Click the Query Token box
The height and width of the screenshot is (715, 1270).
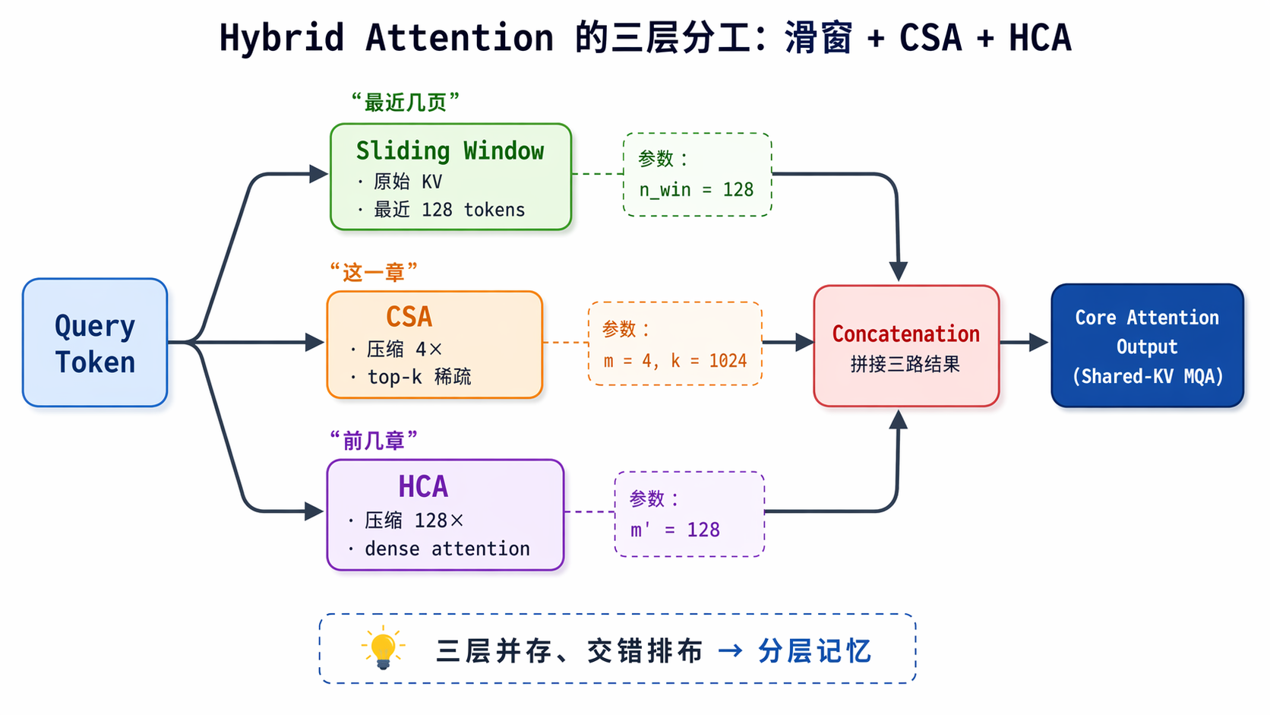tap(95, 343)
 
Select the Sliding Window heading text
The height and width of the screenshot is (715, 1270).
tap(450, 151)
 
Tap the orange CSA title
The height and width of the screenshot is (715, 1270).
tap(409, 316)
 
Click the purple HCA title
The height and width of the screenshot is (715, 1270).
tap(423, 486)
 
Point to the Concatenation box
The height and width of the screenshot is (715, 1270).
tap(906, 346)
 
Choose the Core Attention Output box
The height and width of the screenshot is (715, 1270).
tap(1147, 346)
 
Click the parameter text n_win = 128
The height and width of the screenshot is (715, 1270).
tap(697, 189)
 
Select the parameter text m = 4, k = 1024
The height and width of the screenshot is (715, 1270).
tap(674, 361)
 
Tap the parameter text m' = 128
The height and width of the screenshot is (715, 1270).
tap(674, 530)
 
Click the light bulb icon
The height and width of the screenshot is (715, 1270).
tap(383, 647)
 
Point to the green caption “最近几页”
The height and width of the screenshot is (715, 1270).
tap(405, 103)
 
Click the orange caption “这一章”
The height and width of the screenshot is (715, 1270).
tap(373, 272)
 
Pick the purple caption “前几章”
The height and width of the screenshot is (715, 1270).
tap(373, 441)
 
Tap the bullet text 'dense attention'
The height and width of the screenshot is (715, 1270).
tap(447, 549)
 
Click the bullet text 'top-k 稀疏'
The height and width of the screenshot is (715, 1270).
tap(419, 376)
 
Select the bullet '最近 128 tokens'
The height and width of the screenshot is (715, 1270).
tap(449, 210)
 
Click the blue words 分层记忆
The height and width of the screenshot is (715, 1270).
tap(815, 650)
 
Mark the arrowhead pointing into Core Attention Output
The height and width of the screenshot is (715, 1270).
tap(1038, 342)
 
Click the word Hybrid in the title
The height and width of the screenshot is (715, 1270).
tap(282, 38)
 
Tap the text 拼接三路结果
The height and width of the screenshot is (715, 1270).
tap(905, 364)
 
